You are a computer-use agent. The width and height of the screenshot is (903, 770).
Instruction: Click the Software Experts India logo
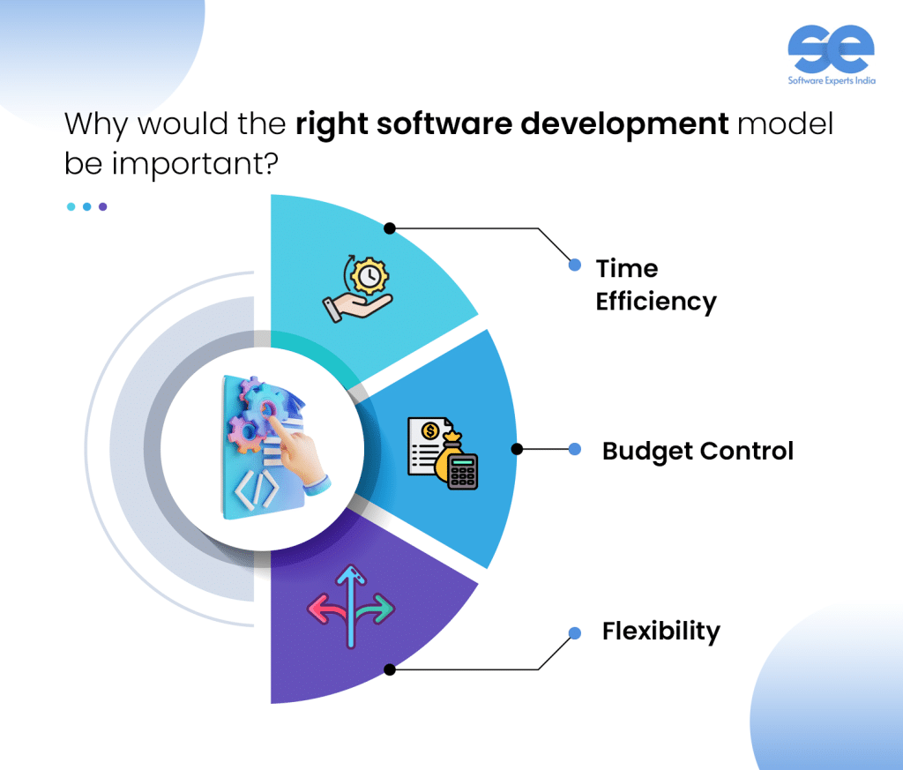tap(831, 55)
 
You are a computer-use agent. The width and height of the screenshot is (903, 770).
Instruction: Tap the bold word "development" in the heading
tap(624, 123)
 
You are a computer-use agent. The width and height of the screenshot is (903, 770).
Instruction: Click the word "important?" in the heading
tap(195, 164)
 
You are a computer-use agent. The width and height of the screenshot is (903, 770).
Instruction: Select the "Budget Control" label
tap(698, 452)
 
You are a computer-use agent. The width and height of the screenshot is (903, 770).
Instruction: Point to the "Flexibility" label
tap(661, 632)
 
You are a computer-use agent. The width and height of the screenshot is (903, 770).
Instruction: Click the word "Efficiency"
tap(656, 302)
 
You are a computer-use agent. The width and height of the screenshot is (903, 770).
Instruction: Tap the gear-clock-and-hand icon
tap(358, 289)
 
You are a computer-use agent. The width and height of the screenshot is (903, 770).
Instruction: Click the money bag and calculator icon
tap(443, 453)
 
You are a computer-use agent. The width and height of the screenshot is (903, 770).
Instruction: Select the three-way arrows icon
tap(351, 607)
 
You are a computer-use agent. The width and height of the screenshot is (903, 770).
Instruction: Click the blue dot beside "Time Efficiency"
tap(575, 265)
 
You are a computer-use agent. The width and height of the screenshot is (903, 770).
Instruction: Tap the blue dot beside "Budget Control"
tap(575, 449)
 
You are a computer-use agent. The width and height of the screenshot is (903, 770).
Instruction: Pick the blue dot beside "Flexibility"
tap(575, 633)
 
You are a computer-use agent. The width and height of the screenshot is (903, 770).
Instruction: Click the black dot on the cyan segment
tap(390, 228)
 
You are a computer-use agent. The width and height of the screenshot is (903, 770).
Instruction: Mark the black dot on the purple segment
tap(390, 669)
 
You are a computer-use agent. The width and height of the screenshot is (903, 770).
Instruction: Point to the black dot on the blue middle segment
tap(517, 449)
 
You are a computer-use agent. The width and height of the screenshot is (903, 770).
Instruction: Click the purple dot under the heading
tap(103, 206)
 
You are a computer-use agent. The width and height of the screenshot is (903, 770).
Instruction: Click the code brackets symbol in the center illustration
tap(257, 490)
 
